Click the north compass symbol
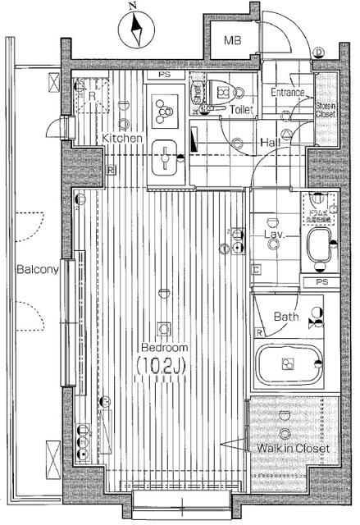[135, 30]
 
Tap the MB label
[235, 40]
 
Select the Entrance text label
[288, 93]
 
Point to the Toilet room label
[241, 109]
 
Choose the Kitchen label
[123, 139]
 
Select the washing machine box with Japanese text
[317, 208]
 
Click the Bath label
[286, 316]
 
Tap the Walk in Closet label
[293, 449]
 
